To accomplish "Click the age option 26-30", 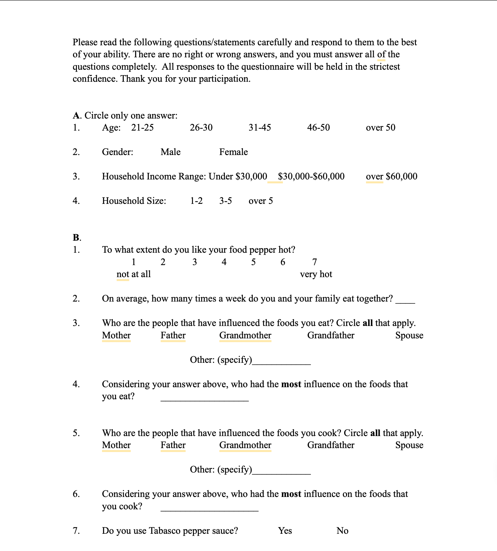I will (201, 128).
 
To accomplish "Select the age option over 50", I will (380, 128).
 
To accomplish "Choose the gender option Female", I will (233, 152).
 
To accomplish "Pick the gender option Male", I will (170, 152).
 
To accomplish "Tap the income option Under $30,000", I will (238, 177).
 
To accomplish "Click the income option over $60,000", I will (391, 177).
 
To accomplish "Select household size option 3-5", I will (226, 201).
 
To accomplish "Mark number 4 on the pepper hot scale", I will (224, 262).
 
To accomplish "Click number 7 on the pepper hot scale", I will (314, 262).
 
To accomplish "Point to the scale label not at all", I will (134, 274).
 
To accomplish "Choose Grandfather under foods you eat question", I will (331, 335).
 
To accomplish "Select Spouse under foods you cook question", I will (409, 445).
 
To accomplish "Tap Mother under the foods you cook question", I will (116, 445).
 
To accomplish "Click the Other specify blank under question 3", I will (282, 361).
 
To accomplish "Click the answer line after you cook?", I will (210, 508).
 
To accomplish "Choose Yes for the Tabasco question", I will (285, 531).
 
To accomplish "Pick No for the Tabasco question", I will (342, 531).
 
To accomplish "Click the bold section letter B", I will (76, 237).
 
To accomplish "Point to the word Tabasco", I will (165, 531).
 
